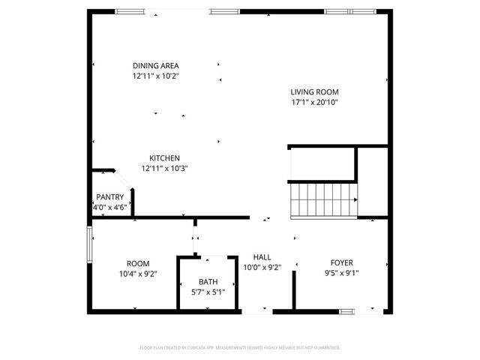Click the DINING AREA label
[x=156, y=65]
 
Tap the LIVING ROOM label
[x=315, y=92]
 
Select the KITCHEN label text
[x=164, y=158]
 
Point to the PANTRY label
[x=110, y=197]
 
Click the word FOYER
[x=341, y=262]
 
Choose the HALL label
[x=262, y=256]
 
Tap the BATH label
[x=208, y=282]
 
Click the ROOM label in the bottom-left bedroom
[x=138, y=263]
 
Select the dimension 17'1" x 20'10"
[x=315, y=103]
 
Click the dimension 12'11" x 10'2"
[x=156, y=76]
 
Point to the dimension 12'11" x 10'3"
[x=164, y=169]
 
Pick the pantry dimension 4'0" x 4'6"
[x=110, y=208]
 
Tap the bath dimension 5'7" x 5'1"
[x=208, y=292]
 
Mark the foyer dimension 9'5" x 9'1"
[x=341, y=273]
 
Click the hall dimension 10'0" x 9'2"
[x=262, y=267]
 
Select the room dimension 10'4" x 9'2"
[x=138, y=274]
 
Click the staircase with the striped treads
[x=323, y=199]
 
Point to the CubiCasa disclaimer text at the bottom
[x=240, y=348]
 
